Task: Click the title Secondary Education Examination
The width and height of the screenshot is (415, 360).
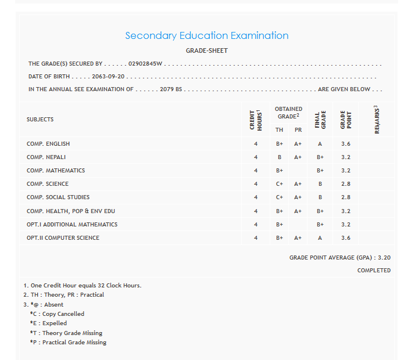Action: coord(207,35)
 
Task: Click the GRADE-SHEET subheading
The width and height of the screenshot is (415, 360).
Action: coord(207,51)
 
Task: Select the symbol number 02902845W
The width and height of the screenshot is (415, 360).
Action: coord(145,64)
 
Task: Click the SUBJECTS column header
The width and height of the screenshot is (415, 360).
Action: coord(40,120)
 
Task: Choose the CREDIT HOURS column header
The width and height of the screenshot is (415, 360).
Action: coord(255,120)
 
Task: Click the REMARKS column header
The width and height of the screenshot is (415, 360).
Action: coord(376,120)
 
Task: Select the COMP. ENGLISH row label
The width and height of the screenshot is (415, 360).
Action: coord(48,143)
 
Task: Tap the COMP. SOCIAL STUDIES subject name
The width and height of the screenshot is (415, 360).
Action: coord(58,197)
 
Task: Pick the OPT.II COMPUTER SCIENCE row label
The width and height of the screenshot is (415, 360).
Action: coord(63,238)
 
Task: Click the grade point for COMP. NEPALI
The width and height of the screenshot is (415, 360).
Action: coord(346,157)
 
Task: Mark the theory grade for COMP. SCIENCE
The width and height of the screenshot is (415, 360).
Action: coord(280,184)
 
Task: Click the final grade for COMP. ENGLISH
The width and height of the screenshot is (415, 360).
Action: coord(320,143)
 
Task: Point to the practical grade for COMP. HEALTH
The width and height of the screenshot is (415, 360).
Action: coord(298,211)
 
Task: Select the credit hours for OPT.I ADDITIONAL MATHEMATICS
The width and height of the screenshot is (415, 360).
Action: coord(255,225)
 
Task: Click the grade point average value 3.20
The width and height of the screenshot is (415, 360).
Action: coord(384,257)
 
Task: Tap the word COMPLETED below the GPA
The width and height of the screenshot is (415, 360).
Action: coord(374,271)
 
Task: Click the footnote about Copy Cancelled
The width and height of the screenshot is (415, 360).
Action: coord(57,314)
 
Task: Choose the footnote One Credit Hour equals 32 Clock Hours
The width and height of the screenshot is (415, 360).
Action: coord(83,286)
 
